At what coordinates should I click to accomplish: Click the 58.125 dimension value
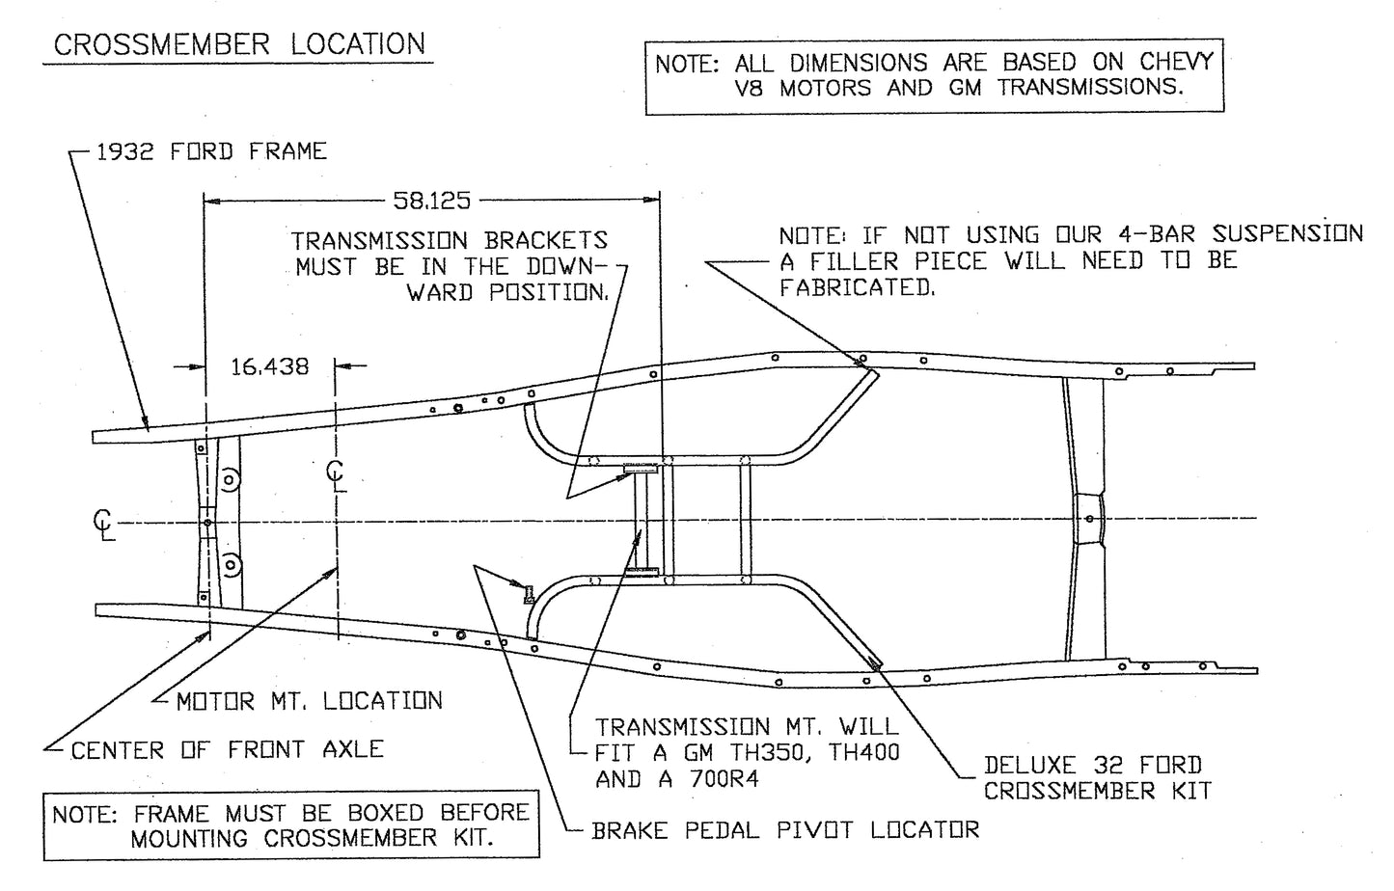point(431,201)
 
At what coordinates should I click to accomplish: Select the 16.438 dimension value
point(270,366)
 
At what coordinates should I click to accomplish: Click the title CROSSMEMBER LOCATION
point(238,44)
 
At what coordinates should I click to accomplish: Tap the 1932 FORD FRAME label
point(212,151)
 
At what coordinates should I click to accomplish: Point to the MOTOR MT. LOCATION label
point(309,701)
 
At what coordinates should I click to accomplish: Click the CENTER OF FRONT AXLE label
point(228,749)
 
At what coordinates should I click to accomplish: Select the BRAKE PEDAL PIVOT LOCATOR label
point(785,829)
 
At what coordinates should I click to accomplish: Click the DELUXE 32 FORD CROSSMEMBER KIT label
point(1097,778)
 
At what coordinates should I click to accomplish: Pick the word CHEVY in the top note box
point(1176,63)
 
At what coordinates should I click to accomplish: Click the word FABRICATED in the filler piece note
point(857,287)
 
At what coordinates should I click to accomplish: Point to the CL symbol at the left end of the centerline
point(103,524)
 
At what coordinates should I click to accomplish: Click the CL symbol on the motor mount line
point(336,474)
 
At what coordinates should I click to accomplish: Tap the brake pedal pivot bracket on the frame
point(528,594)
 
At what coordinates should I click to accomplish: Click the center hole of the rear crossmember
point(1090,519)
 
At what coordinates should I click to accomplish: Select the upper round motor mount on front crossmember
point(230,478)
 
